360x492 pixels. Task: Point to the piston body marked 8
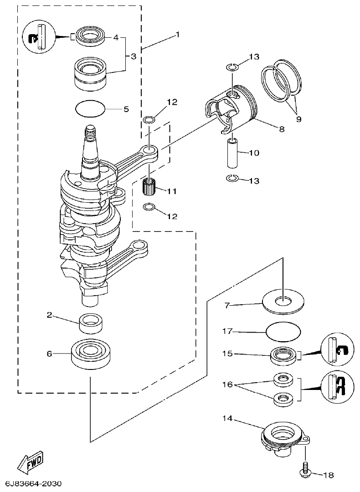click(232, 109)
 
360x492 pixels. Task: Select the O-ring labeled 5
click(90, 109)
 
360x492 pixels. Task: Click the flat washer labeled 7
click(283, 303)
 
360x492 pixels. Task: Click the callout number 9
click(298, 119)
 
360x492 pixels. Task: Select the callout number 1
click(177, 34)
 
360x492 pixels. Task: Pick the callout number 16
click(228, 384)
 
